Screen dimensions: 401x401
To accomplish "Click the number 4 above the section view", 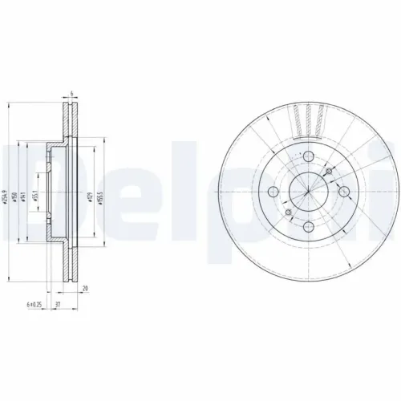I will pyautogui.click(x=72, y=95).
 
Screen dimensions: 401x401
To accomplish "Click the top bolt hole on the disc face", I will pyautogui.click(x=308, y=158).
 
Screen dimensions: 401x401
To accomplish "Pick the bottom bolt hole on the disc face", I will pyautogui.click(x=308, y=225).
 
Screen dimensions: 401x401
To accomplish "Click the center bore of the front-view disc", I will pyautogui.click(x=308, y=191).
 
